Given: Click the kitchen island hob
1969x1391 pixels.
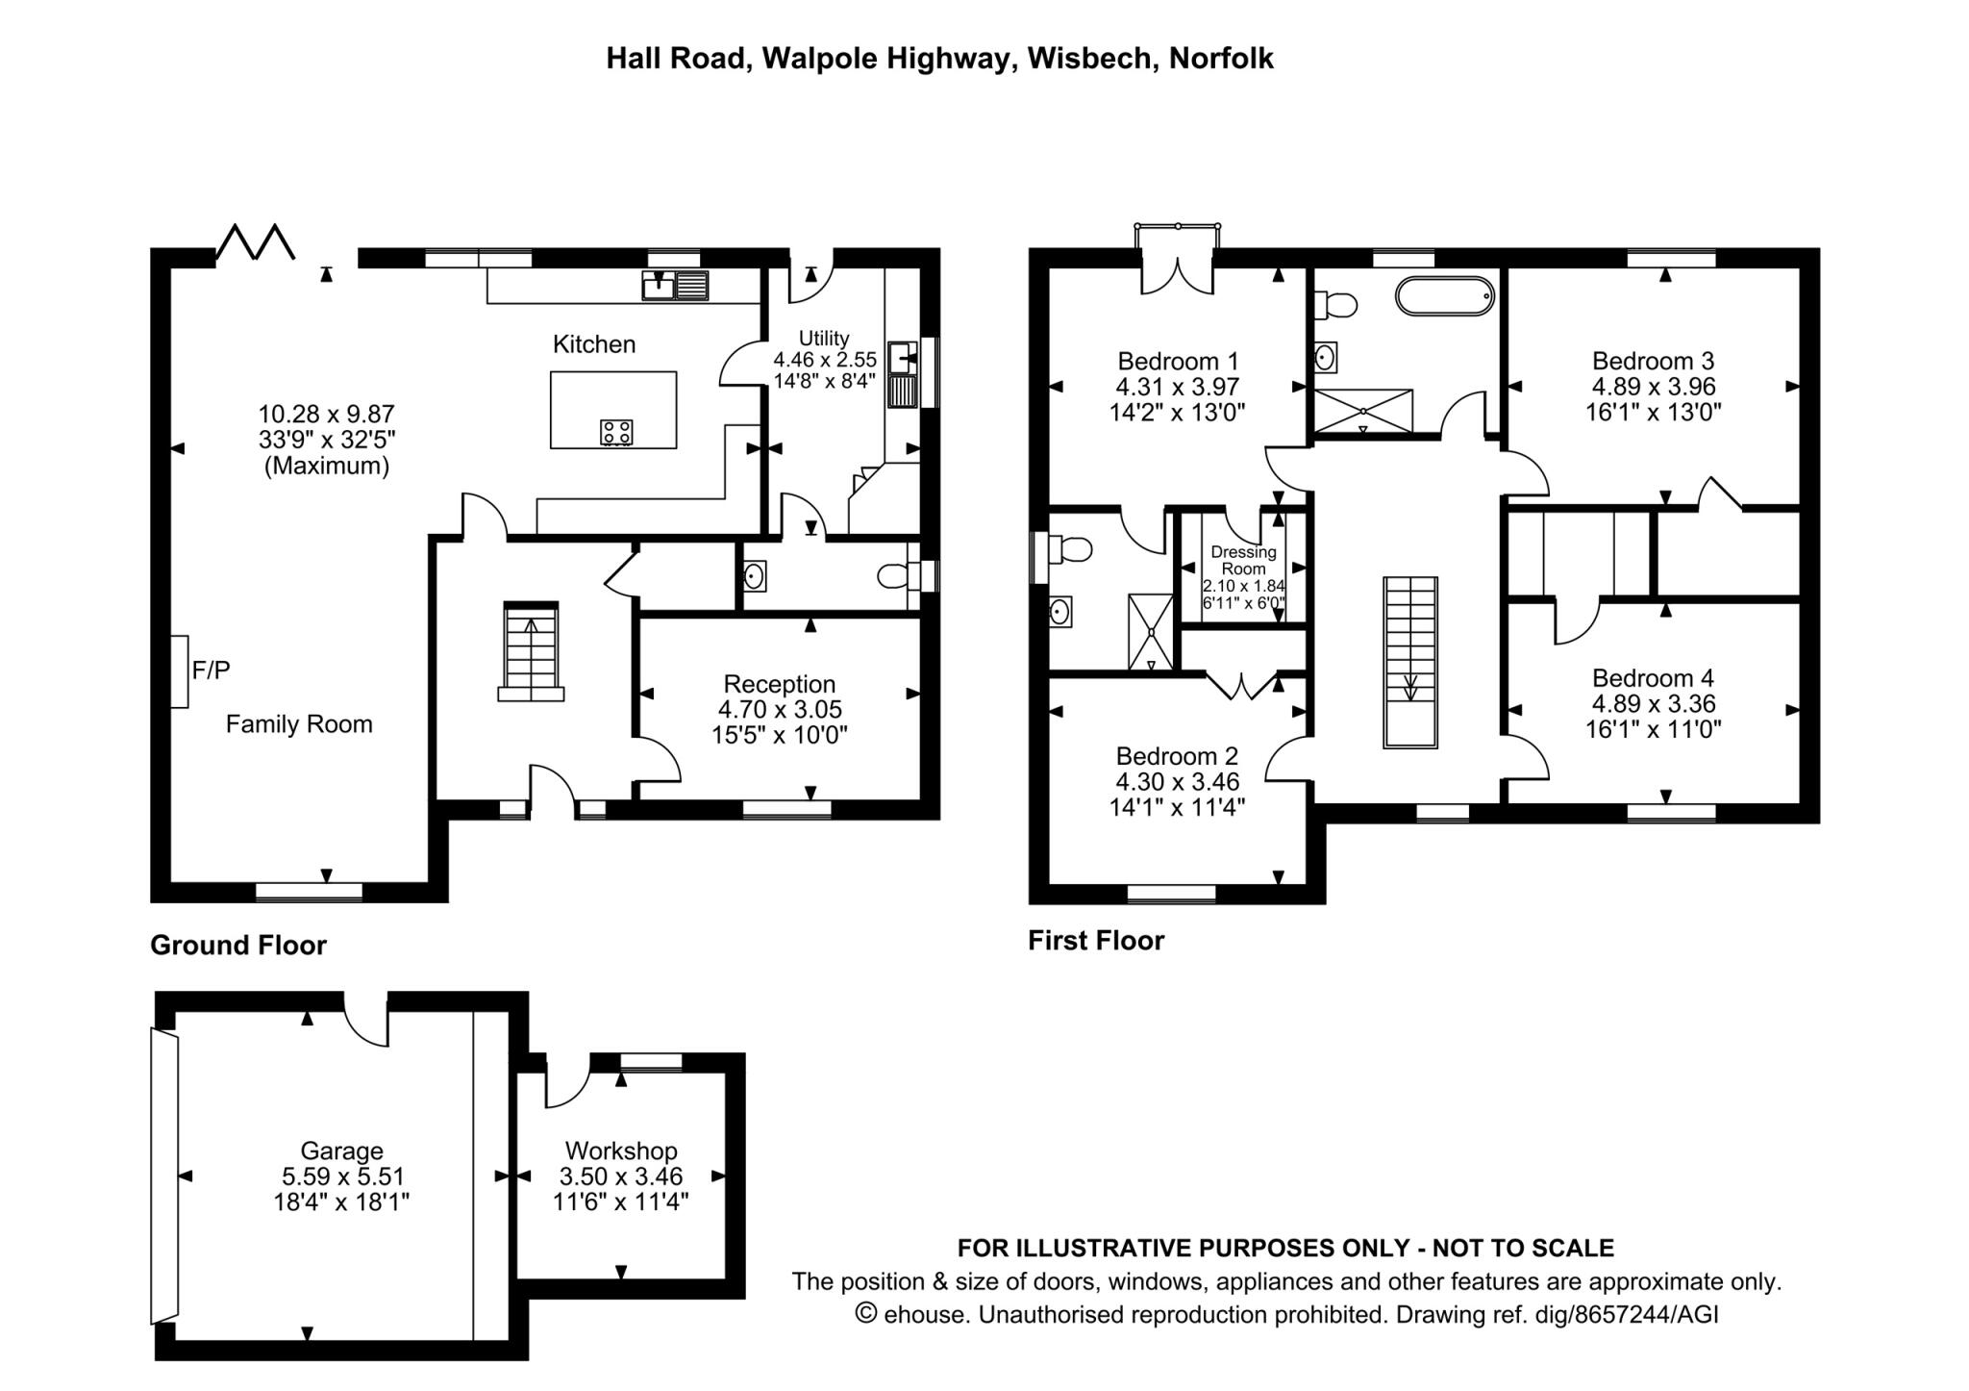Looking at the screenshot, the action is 616,432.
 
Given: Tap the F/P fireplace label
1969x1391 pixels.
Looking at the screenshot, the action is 212,670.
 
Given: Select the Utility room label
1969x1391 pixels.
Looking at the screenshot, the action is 824,339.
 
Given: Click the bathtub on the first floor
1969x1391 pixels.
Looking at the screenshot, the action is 1445,296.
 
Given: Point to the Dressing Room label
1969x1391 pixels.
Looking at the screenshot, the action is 1243,560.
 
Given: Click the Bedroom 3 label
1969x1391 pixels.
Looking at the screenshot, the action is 1653,361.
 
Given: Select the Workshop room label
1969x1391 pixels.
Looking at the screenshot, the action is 621,1151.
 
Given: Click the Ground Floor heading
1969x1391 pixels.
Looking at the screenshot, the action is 238,946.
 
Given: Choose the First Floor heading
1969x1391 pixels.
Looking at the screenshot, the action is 1096,941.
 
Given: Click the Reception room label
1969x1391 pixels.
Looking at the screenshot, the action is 780,684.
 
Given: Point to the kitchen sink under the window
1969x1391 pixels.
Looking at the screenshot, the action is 675,286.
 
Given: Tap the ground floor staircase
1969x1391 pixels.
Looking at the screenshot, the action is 531,650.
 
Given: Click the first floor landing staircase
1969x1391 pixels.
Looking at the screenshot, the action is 1410,662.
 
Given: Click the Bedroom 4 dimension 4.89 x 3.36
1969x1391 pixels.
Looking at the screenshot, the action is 1654,704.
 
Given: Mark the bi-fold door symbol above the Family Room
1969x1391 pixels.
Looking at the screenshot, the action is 255,242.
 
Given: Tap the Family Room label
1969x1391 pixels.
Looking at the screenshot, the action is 299,724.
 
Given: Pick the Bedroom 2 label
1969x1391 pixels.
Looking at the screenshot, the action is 1177,756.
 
